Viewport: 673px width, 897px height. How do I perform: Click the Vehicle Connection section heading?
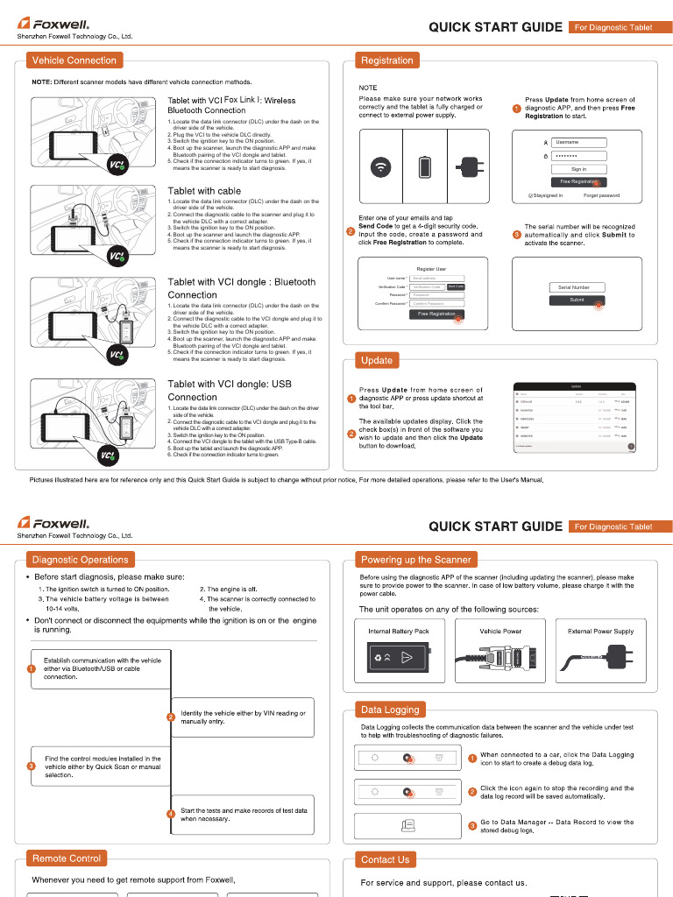click(74, 60)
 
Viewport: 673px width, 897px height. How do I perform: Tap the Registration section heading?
click(386, 60)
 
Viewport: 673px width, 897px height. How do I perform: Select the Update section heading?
click(377, 360)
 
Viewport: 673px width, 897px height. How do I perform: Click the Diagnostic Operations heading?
click(80, 560)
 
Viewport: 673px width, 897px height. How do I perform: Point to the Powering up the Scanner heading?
click(416, 560)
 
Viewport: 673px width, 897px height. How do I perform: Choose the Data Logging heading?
click(390, 710)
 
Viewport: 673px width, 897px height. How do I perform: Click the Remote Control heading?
click(67, 858)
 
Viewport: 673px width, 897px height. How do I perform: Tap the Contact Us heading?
click(385, 859)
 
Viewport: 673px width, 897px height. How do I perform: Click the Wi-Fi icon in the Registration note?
click(380, 167)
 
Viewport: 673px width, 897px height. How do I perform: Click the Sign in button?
click(578, 169)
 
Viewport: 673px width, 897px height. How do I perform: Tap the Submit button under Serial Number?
click(577, 300)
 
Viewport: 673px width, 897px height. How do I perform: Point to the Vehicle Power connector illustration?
click(500, 658)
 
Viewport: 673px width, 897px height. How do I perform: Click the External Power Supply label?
click(600, 631)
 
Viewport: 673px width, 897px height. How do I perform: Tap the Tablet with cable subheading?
click(204, 191)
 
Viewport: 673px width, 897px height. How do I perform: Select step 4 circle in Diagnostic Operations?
click(171, 815)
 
